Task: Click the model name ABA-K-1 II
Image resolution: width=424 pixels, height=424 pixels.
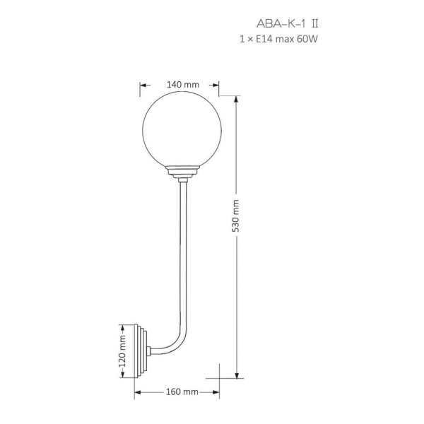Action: coord(287,24)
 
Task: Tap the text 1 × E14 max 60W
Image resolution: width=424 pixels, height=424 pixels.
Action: coord(278,39)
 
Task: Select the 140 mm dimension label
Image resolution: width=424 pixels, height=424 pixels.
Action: coord(183,85)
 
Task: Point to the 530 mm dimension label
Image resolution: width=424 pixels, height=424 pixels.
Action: coord(236,216)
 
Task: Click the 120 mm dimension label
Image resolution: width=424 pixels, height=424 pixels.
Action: coord(122,351)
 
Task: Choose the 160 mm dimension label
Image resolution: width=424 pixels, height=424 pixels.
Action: coord(182,391)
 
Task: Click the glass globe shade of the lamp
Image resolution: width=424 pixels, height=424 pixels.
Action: coord(182,131)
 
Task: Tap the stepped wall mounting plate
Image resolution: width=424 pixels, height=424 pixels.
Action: coord(141,351)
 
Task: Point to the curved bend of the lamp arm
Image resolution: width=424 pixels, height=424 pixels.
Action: coord(176,344)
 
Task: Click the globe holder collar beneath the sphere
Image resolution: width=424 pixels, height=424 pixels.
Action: coord(182,173)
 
